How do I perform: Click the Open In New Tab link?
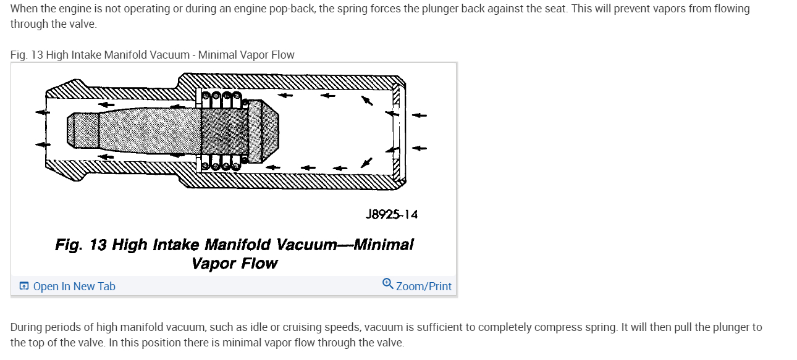point(74,287)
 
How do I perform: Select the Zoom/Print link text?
point(424,287)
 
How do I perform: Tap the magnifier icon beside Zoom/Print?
point(388,284)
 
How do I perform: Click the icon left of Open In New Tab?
point(24,287)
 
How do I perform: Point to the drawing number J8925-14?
point(392,214)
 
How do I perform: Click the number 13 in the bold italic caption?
point(98,245)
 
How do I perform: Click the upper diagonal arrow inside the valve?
point(368,100)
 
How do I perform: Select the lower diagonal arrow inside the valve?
point(366,162)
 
